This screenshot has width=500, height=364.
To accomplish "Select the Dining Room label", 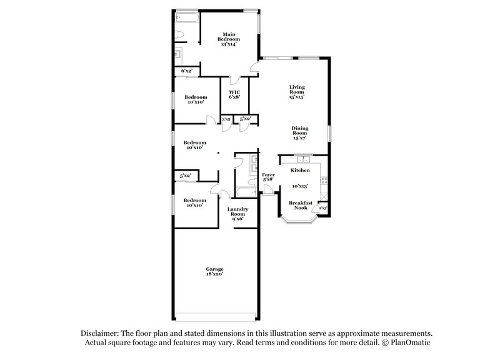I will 300,133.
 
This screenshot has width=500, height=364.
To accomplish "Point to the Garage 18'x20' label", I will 215,271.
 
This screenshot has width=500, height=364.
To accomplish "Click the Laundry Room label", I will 237,213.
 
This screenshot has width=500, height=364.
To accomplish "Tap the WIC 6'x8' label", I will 234,95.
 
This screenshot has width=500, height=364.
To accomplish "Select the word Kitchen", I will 300,170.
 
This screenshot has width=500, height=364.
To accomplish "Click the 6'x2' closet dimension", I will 186,71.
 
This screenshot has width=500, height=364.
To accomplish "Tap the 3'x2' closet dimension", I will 226,119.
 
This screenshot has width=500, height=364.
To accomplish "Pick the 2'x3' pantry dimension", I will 324,208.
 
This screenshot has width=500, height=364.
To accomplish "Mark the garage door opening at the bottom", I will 215,314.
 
